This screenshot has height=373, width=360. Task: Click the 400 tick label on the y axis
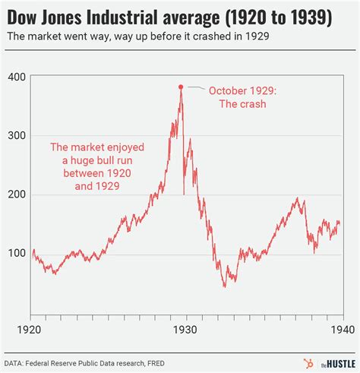click(16, 77)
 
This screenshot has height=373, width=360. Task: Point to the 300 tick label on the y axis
click(16, 135)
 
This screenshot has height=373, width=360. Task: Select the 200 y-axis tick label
click(16, 194)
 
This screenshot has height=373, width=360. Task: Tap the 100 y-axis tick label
click(16, 252)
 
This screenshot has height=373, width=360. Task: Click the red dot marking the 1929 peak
click(181, 87)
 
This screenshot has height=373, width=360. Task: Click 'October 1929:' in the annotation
click(245, 90)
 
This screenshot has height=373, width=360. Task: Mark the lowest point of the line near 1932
click(225, 286)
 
